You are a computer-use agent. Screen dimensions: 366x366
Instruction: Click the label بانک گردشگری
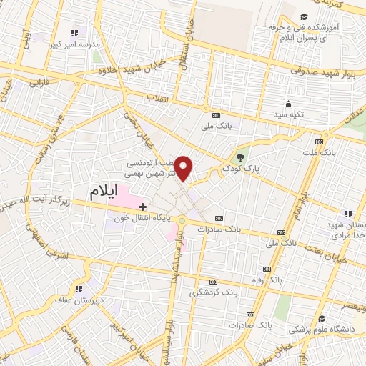coord(212,292)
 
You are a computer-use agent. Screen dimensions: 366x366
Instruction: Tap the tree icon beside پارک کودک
coord(240,157)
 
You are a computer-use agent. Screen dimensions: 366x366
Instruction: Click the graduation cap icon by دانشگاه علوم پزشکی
coord(323,319)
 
